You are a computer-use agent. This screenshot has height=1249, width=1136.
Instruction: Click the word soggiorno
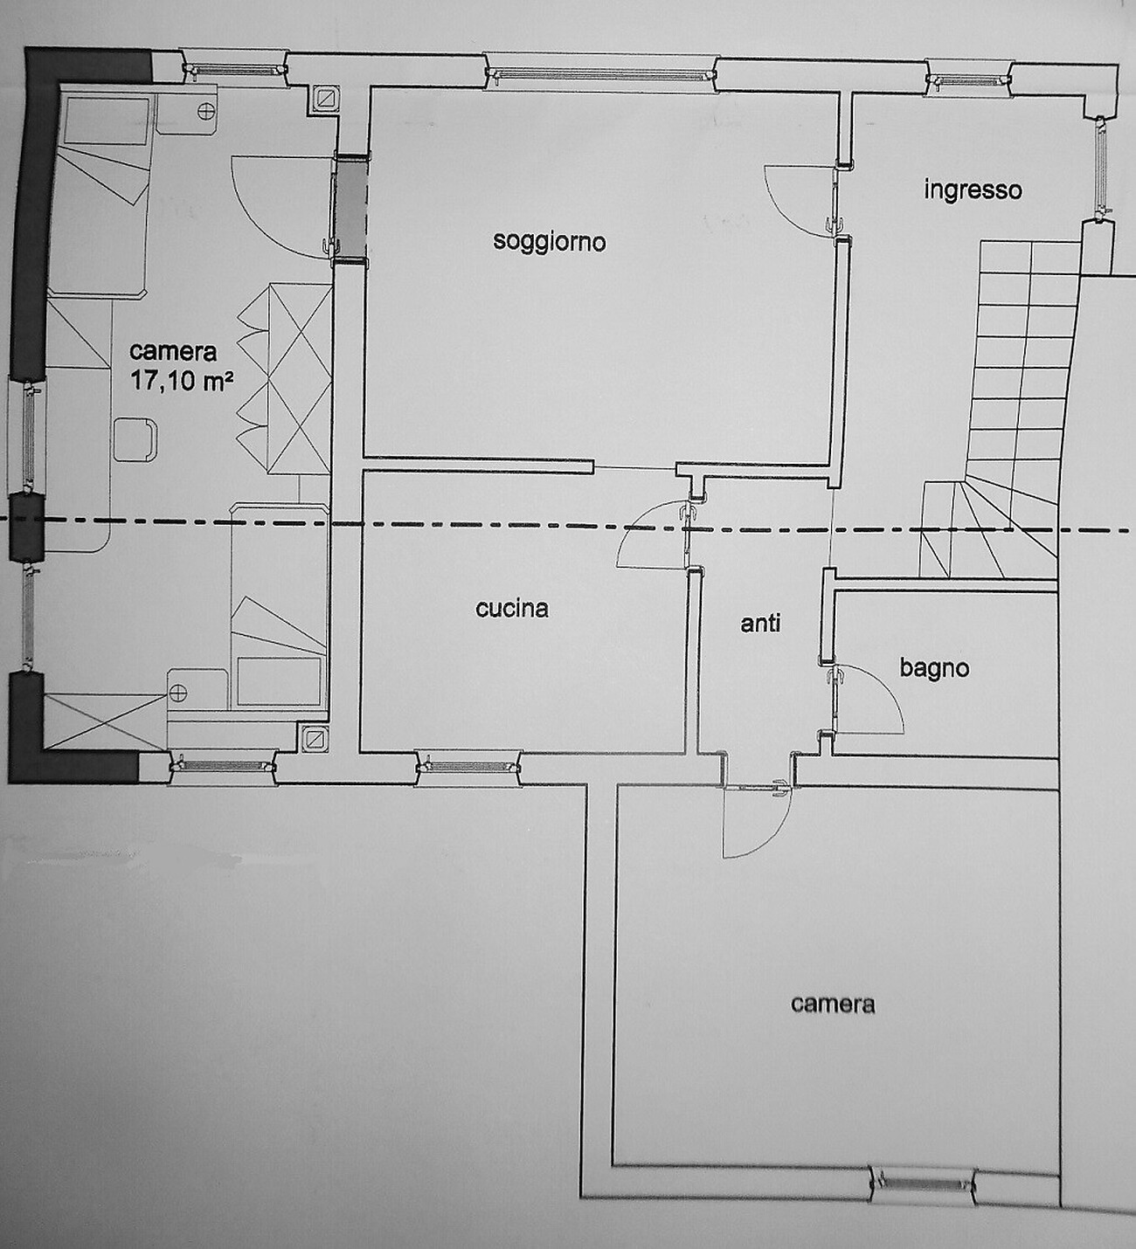pos(549,242)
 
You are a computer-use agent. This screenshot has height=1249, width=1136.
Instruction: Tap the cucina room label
pos(511,608)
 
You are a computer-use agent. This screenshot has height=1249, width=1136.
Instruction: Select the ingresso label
pos(973,190)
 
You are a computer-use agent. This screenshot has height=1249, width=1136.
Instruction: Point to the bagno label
pos(934,669)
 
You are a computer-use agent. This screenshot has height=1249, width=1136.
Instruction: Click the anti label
pos(760,624)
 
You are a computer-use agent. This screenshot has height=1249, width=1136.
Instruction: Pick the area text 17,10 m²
pos(182,381)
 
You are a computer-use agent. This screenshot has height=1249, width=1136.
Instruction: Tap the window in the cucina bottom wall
pos(468,766)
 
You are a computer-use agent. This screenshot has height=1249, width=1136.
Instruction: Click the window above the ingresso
pos(967,78)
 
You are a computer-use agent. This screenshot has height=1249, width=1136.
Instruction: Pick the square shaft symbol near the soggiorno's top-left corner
pos(325,98)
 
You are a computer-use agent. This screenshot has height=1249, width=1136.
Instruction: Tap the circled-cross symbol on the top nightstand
pos(205,111)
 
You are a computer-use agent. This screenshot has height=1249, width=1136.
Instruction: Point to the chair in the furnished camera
pos(135,439)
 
